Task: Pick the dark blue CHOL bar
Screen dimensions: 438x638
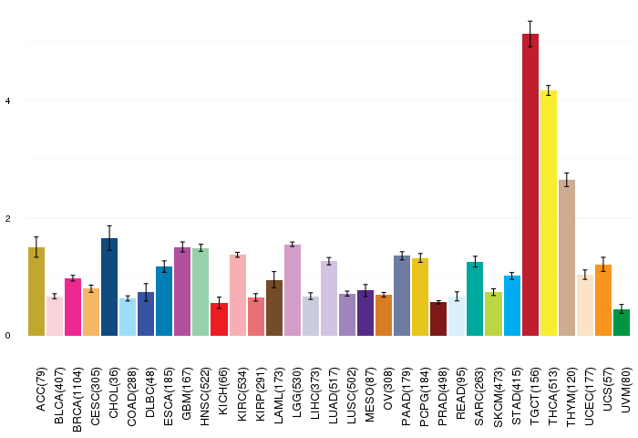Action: (x=109, y=287)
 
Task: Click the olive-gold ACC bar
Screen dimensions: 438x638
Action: (x=36, y=291)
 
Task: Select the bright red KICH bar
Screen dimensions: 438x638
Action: (x=219, y=319)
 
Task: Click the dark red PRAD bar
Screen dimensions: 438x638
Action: (x=438, y=318)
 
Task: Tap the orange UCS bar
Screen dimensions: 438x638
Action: (x=603, y=300)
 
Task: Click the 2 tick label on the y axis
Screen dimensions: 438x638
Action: (x=8, y=218)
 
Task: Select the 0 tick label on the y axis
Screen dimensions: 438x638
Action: (x=8, y=336)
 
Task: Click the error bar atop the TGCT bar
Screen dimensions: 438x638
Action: (x=530, y=34)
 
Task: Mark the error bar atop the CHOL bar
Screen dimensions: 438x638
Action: (x=109, y=237)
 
